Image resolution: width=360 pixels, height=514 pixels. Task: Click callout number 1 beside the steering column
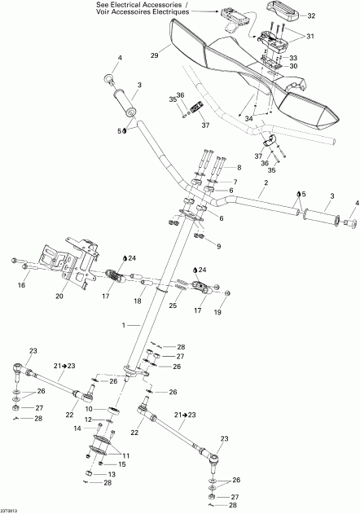click(x=125, y=325)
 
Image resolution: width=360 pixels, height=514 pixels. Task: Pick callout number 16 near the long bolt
click(x=22, y=287)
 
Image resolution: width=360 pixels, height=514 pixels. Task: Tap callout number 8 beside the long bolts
click(x=239, y=168)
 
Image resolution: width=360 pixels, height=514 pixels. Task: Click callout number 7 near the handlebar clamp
click(x=236, y=182)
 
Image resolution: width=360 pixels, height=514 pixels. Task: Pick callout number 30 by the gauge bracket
click(x=293, y=66)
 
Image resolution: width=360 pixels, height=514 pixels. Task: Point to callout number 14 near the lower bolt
click(x=78, y=426)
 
